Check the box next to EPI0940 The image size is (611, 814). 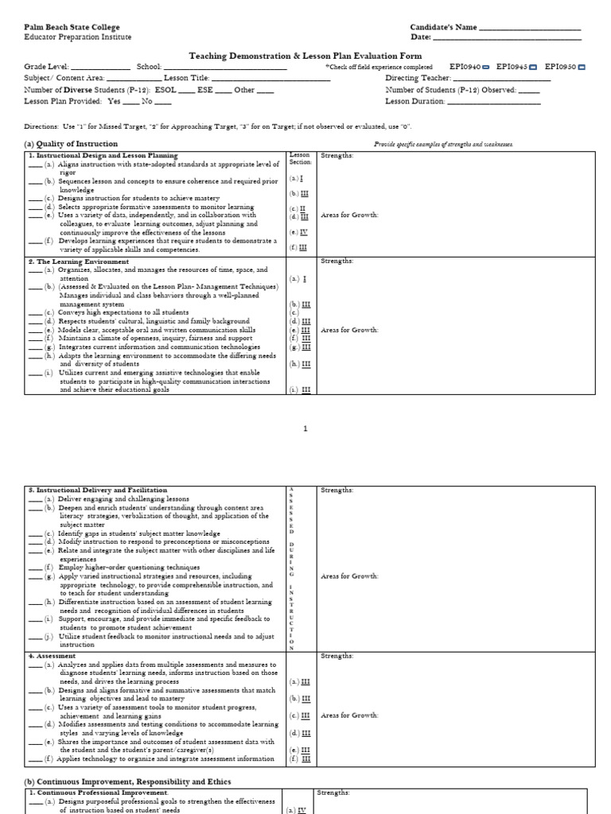click(485, 68)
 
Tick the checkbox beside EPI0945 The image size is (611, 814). click(532, 68)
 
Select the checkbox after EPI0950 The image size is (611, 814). click(581, 68)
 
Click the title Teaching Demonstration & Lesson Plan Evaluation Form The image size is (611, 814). click(305, 56)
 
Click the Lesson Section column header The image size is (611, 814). click(300, 158)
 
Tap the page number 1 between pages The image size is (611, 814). click(305, 428)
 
